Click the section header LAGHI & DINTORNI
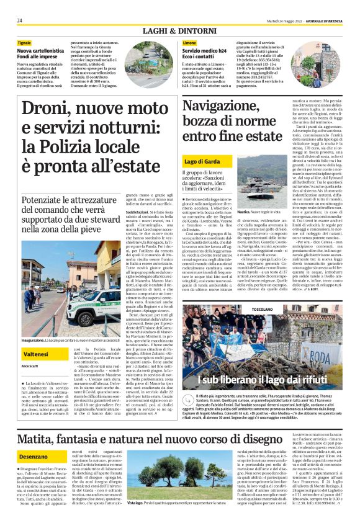(x=180, y=30)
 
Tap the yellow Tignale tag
(x=25, y=42)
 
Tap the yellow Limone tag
(x=190, y=42)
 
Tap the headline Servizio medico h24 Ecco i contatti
(x=205, y=53)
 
